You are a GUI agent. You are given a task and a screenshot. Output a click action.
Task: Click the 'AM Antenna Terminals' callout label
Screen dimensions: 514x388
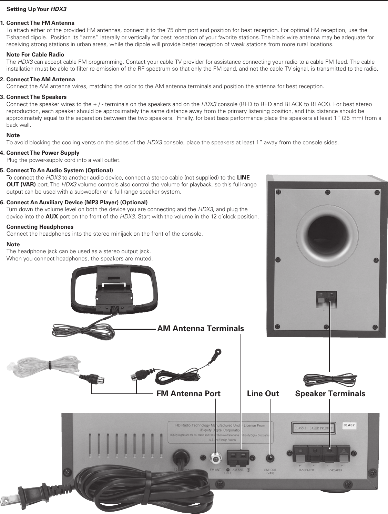201,329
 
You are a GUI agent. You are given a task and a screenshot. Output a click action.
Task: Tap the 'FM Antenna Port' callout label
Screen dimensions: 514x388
188,393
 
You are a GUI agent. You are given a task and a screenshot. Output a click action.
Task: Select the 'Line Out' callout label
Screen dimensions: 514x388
263,393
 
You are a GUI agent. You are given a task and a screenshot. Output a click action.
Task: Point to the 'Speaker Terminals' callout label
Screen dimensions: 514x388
330,393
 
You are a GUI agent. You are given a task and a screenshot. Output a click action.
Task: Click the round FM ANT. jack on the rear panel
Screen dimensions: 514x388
216,458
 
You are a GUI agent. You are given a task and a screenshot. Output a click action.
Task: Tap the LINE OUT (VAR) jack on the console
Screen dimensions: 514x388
270,459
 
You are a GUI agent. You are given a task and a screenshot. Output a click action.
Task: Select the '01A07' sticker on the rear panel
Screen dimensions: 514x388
350,425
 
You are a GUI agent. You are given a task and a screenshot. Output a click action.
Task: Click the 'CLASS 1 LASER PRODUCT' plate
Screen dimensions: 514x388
313,428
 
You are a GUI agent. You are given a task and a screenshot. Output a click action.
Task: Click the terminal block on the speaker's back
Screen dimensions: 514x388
326,299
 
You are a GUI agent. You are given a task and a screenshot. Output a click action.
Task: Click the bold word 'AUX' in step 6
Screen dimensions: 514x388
52,217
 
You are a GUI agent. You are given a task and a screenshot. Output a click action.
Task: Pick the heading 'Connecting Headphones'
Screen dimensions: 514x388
40,227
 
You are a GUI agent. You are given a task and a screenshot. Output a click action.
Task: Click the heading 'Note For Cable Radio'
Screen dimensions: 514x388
35,54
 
